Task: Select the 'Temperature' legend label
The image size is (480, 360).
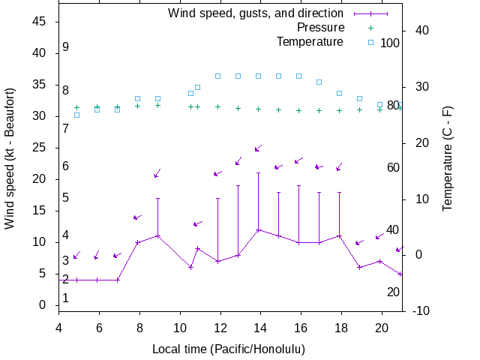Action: point(310,41)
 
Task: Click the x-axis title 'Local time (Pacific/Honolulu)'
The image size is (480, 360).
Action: point(229,349)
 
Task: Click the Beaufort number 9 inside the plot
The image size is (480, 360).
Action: point(66,46)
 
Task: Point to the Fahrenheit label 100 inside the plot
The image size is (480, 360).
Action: point(390,43)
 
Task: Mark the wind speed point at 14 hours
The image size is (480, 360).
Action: point(259,229)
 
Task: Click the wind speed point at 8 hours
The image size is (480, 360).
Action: point(137,242)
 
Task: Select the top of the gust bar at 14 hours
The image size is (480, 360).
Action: point(259,173)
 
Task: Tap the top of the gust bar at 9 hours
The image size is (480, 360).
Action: point(157,198)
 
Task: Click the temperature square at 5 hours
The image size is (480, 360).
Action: point(76,115)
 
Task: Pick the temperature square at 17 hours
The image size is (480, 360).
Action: point(319,82)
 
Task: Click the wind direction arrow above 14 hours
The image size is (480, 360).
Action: point(257,148)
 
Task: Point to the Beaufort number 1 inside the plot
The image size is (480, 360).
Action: point(66,298)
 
